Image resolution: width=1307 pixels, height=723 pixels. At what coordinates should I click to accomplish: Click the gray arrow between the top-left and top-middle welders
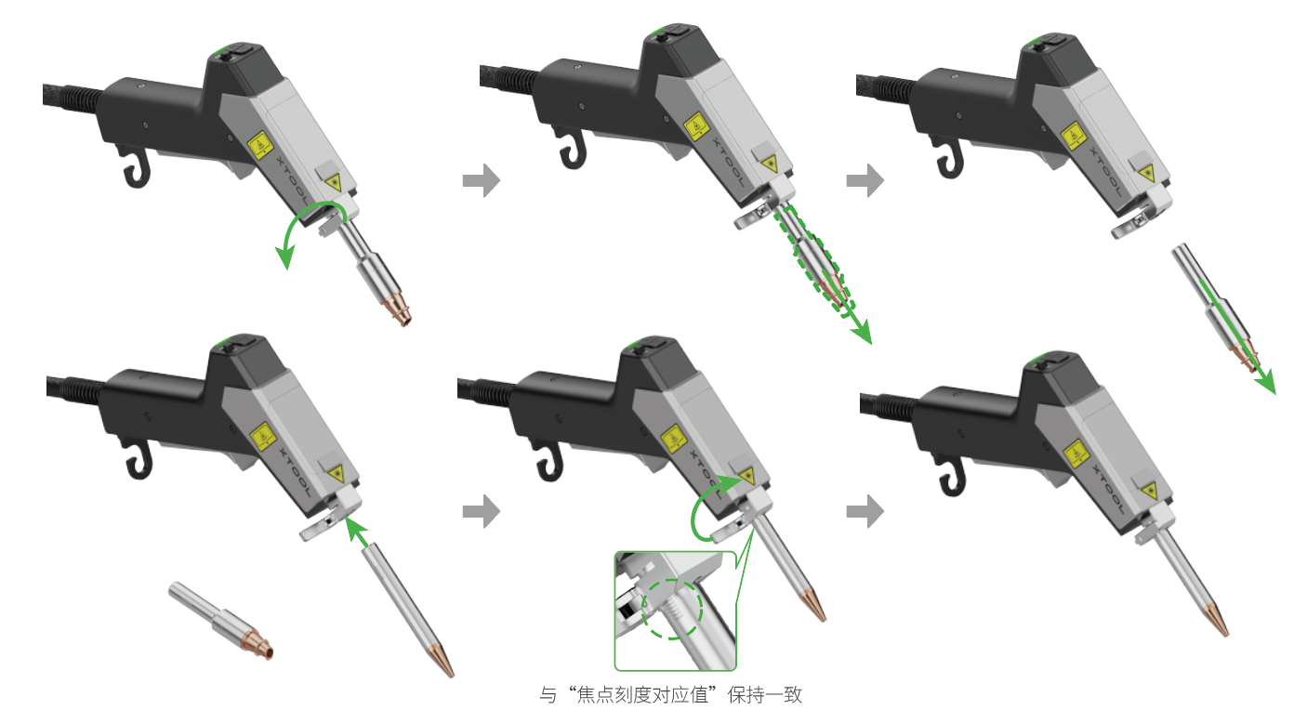(482, 180)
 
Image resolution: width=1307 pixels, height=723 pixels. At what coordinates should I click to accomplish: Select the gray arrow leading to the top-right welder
(865, 180)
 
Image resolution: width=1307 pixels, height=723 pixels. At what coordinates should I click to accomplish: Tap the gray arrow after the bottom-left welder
(482, 511)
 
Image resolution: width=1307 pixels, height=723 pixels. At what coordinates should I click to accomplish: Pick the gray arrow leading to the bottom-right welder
(865, 511)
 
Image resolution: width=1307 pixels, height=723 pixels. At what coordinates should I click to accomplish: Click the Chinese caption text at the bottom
(670, 695)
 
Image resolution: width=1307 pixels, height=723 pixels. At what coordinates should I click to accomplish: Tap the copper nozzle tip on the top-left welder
(399, 309)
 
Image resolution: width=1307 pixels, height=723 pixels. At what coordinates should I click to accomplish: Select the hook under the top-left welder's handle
(136, 167)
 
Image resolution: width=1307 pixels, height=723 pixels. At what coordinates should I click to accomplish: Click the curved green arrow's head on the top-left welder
(285, 256)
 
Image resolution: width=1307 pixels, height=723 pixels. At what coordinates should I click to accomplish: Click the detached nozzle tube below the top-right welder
(1215, 308)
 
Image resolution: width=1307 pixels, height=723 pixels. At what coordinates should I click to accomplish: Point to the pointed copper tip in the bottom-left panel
(442, 660)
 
